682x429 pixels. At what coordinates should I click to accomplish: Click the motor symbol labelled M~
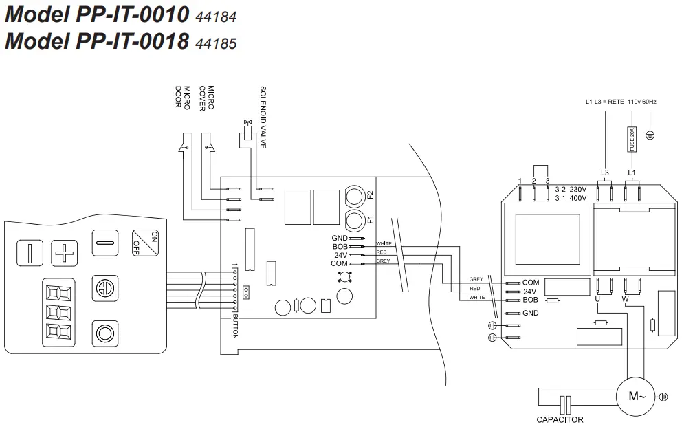point(637,396)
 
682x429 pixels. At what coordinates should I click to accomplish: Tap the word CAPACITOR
point(560,419)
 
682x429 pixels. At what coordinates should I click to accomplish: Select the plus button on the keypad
point(65,252)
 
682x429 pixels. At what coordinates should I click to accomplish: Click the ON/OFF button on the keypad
point(145,243)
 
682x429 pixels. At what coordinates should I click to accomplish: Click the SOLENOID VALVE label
point(263,117)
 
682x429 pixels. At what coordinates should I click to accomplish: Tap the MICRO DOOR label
point(182,97)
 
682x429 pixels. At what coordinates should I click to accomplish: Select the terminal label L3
point(605,173)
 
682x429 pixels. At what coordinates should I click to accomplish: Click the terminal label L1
point(632,173)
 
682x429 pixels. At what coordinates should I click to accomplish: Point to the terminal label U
point(597,300)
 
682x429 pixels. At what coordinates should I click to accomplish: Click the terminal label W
point(625,300)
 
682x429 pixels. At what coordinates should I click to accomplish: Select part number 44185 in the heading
point(216,44)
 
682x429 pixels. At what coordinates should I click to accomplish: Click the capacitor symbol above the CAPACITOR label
point(565,404)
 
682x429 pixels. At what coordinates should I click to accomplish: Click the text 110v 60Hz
point(642,102)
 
